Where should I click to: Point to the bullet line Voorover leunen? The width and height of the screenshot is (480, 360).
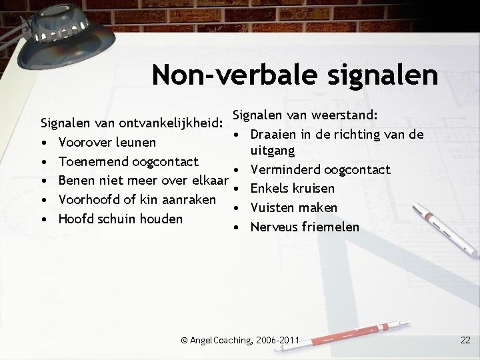point(107,142)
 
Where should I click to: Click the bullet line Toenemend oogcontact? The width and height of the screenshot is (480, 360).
point(129,161)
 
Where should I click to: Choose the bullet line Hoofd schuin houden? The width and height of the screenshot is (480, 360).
point(120,218)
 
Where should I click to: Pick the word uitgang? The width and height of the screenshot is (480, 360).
point(272,152)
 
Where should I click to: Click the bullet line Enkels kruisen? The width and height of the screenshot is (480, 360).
point(293,189)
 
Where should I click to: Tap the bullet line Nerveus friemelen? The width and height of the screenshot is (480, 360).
point(305,227)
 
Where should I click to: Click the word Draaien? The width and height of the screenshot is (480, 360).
point(275,133)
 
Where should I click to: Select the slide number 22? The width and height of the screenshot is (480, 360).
point(465,341)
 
